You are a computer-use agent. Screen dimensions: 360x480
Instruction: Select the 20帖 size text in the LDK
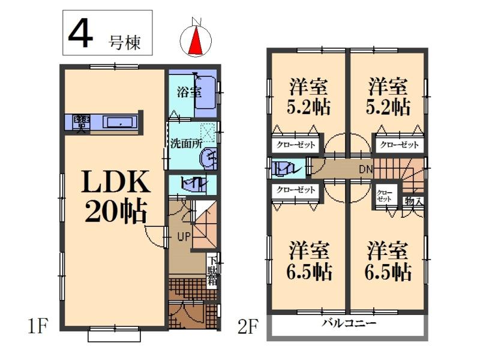[x=115, y=211]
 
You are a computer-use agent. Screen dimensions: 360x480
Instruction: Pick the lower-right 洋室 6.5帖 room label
[x=389, y=261]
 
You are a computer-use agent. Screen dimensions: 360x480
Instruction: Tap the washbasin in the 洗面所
[x=208, y=158]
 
